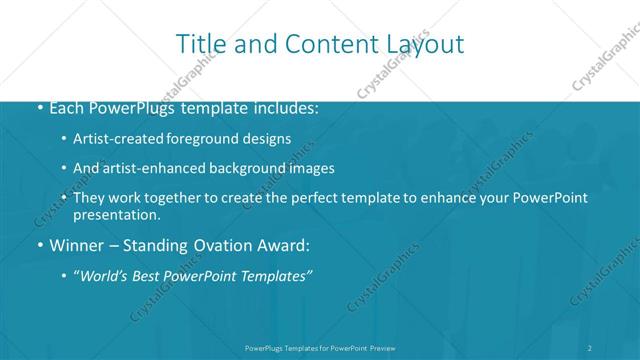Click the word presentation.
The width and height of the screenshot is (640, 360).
(x=116, y=214)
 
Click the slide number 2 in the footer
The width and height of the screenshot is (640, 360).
(x=590, y=348)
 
